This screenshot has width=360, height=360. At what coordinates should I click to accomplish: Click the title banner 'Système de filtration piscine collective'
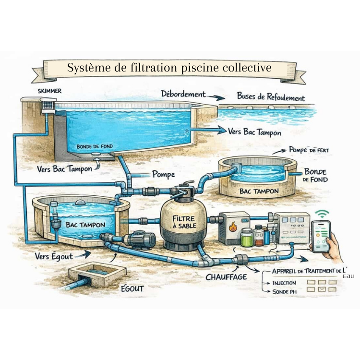coord(169,68)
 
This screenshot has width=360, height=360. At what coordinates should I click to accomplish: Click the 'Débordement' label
coord(184,95)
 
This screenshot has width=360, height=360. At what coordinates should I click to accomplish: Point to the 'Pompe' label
coord(163,175)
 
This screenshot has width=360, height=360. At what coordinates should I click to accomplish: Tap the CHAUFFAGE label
coord(226,276)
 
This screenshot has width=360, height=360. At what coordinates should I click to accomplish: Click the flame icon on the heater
coord(233,227)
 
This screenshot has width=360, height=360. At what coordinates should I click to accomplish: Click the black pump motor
coord(142,237)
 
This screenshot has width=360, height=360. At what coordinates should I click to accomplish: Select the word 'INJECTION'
coord(285,283)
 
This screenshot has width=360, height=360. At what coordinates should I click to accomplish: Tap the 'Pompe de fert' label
coord(309,150)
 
